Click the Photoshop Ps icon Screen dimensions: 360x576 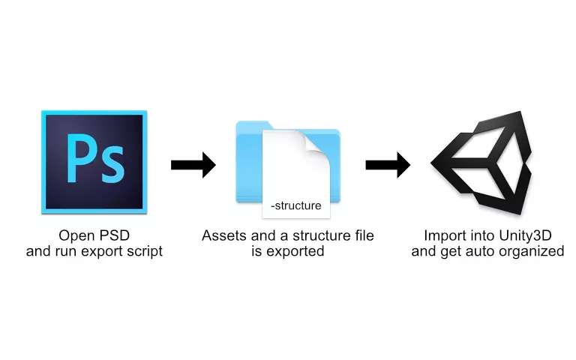pos(94,162)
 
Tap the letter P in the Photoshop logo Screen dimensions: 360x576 pos(80,157)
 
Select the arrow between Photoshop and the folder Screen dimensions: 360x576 pos(193,164)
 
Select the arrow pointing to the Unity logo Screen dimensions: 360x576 pos(388,164)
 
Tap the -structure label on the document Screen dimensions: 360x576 pos(295,205)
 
